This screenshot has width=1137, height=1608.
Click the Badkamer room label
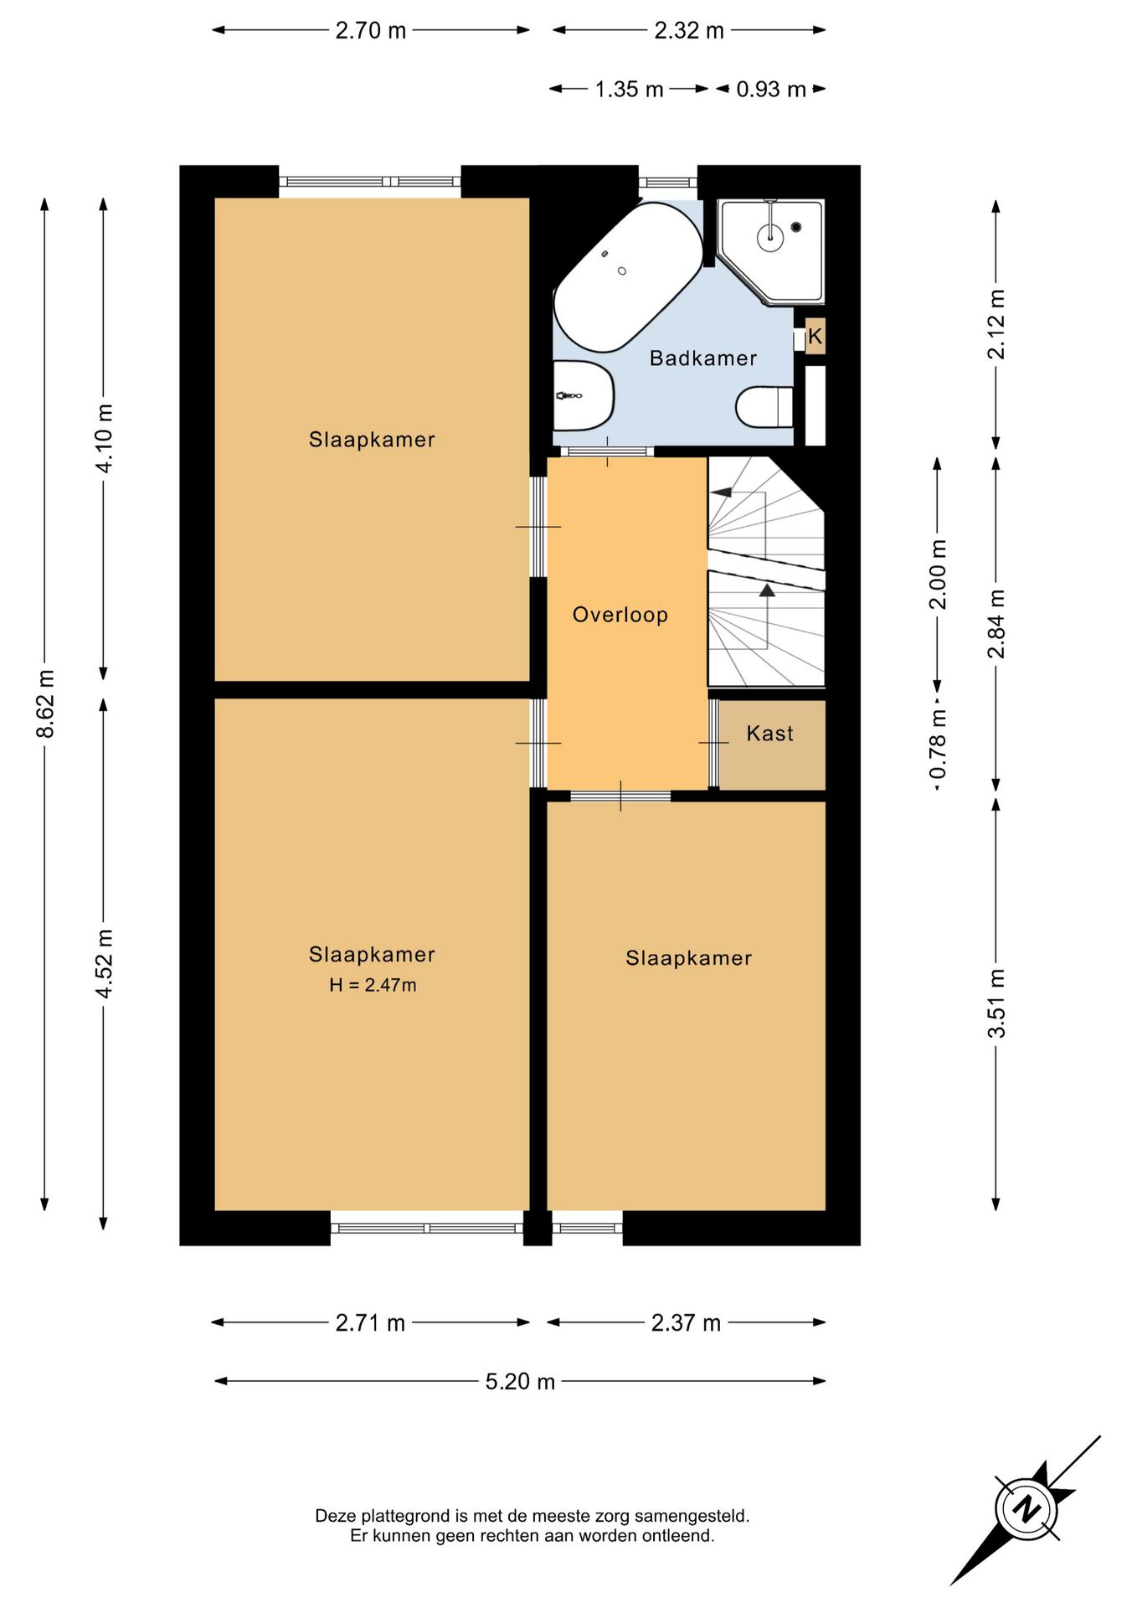(x=702, y=358)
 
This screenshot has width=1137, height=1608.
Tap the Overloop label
(x=620, y=615)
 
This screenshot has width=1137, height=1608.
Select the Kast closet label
(x=769, y=734)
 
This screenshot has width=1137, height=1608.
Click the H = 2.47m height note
(x=373, y=985)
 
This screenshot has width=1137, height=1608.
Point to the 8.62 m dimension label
(x=46, y=704)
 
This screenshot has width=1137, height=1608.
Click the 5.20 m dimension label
(x=520, y=1381)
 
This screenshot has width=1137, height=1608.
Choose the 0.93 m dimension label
(x=771, y=89)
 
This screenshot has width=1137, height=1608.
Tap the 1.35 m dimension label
(x=629, y=89)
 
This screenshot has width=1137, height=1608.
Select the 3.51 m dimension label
(x=996, y=1003)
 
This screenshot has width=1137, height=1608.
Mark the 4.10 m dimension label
(x=104, y=438)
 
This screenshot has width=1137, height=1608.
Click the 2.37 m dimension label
(x=686, y=1322)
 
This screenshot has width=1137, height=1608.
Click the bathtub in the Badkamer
(x=629, y=277)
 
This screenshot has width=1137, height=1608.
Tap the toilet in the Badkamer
(x=764, y=406)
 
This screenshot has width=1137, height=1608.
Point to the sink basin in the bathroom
(x=584, y=395)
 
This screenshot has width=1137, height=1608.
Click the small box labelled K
(x=815, y=336)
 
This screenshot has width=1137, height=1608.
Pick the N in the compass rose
(x=1026, y=1507)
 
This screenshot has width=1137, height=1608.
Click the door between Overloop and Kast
(x=714, y=743)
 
